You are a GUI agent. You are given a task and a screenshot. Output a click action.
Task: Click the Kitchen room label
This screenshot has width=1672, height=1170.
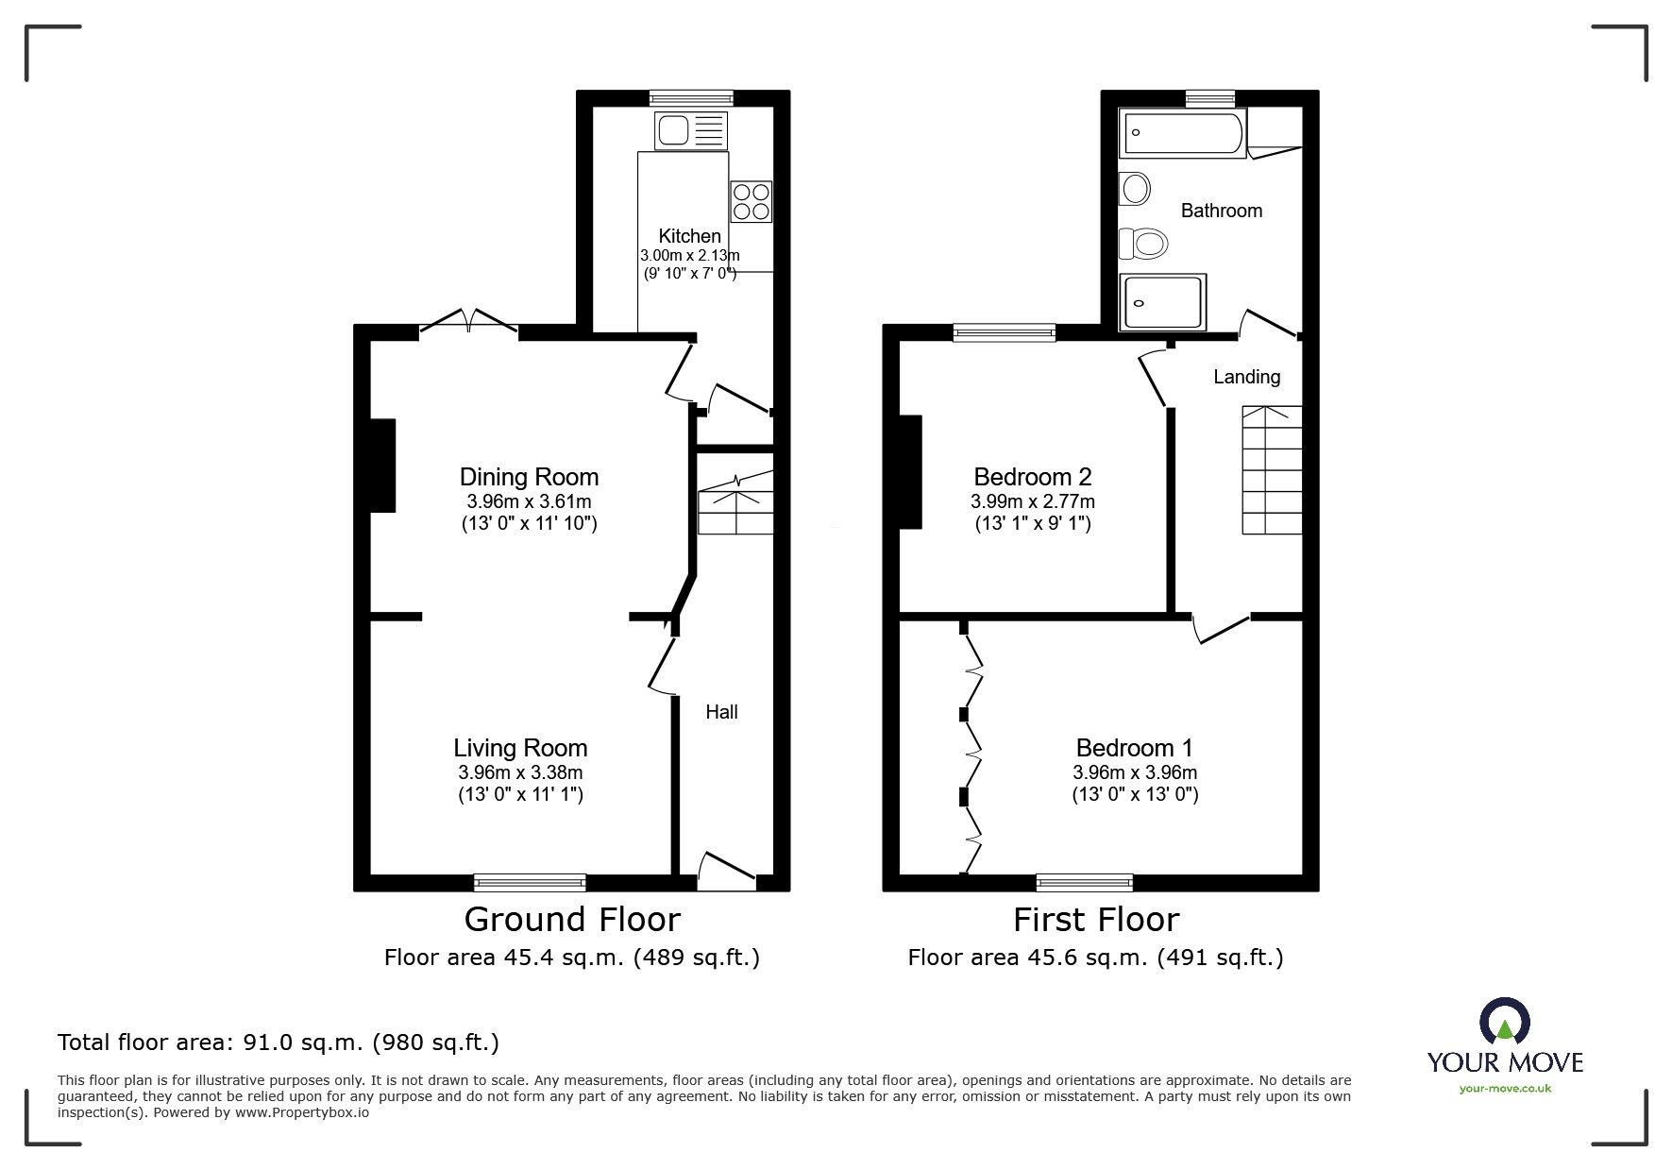pyautogui.click(x=689, y=236)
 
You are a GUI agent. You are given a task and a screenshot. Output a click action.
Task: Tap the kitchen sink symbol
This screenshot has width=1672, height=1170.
pyautogui.click(x=691, y=130)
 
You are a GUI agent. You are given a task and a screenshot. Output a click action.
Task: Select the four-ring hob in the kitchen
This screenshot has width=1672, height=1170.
pyautogui.click(x=752, y=201)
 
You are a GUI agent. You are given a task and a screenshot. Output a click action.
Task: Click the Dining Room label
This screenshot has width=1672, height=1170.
pyautogui.click(x=529, y=477)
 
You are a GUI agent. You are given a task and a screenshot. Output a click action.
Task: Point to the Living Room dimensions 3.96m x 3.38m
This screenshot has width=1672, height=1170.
pyautogui.click(x=520, y=772)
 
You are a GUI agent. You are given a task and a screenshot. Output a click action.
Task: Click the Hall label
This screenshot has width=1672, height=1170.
pyautogui.click(x=721, y=712)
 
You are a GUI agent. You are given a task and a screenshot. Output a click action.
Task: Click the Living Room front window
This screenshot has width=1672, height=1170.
pyautogui.click(x=530, y=883)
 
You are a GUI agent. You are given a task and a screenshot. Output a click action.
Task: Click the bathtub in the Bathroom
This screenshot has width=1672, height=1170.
pyautogui.click(x=1182, y=132)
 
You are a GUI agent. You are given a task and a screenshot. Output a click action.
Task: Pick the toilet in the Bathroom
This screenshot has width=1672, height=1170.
pyautogui.click(x=1143, y=245)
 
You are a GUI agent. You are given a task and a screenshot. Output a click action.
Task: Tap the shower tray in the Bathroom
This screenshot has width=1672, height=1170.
pyautogui.click(x=1162, y=302)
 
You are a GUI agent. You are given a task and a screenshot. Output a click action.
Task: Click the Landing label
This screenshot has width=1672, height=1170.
pyautogui.click(x=1246, y=377)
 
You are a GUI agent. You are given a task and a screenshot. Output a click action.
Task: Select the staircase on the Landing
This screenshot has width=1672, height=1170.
pyautogui.click(x=1271, y=470)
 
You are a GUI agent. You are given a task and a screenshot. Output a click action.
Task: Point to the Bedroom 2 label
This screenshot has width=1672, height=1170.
pyautogui.click(x=1033, y=477)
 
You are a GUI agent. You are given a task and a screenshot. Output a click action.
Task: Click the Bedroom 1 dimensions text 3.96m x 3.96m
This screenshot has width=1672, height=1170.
pyautogui.click(x=1135, y=772)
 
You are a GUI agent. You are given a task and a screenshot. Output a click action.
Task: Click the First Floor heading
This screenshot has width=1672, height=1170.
pyautogui.click(x=1096, y=919)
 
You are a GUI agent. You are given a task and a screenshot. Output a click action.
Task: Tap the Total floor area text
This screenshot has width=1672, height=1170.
pyautogui.click(x=279, y=1043)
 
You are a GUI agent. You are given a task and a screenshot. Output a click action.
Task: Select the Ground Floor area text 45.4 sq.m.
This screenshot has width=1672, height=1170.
pyautogui.click(x=571, y=958)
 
